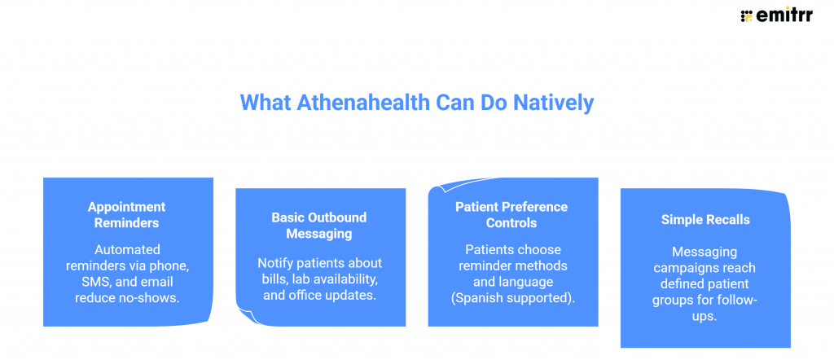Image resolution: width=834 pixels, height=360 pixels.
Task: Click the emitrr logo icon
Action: pyautogui.click(x=746, y=15)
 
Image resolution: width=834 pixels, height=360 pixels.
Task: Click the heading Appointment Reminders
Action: pyautogui.click(x=128, y=215)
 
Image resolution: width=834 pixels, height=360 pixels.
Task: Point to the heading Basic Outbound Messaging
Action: pyautogui.click(x=319, y=226)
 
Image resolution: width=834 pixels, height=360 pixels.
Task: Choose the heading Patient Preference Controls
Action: pyautogui.click(x=512, y=215)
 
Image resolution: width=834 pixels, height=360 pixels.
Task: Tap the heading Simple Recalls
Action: pyautogui.click(x=705, y=220)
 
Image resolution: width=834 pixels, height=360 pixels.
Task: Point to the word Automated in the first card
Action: pyautogui.click(x=128, y=249)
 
